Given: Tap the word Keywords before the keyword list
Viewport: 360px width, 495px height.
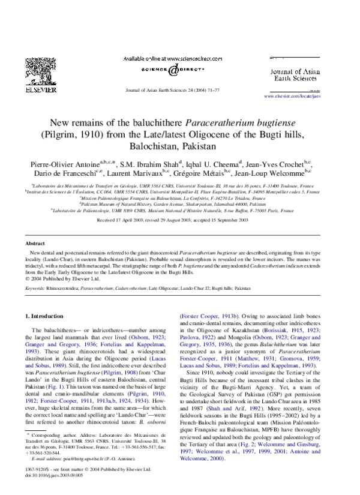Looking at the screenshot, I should point(35,289).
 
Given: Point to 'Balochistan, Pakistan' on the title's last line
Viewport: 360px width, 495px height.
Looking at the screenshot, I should point(179,146).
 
